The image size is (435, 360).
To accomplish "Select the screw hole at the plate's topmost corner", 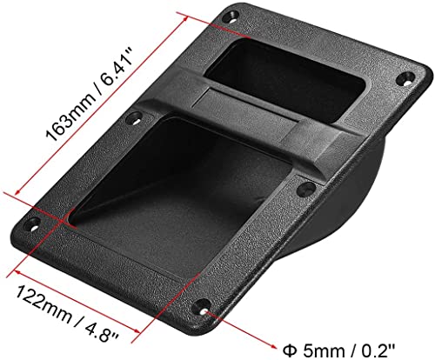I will [x=233, y=16].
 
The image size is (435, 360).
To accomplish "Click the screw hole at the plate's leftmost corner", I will [x=35, y=223].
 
